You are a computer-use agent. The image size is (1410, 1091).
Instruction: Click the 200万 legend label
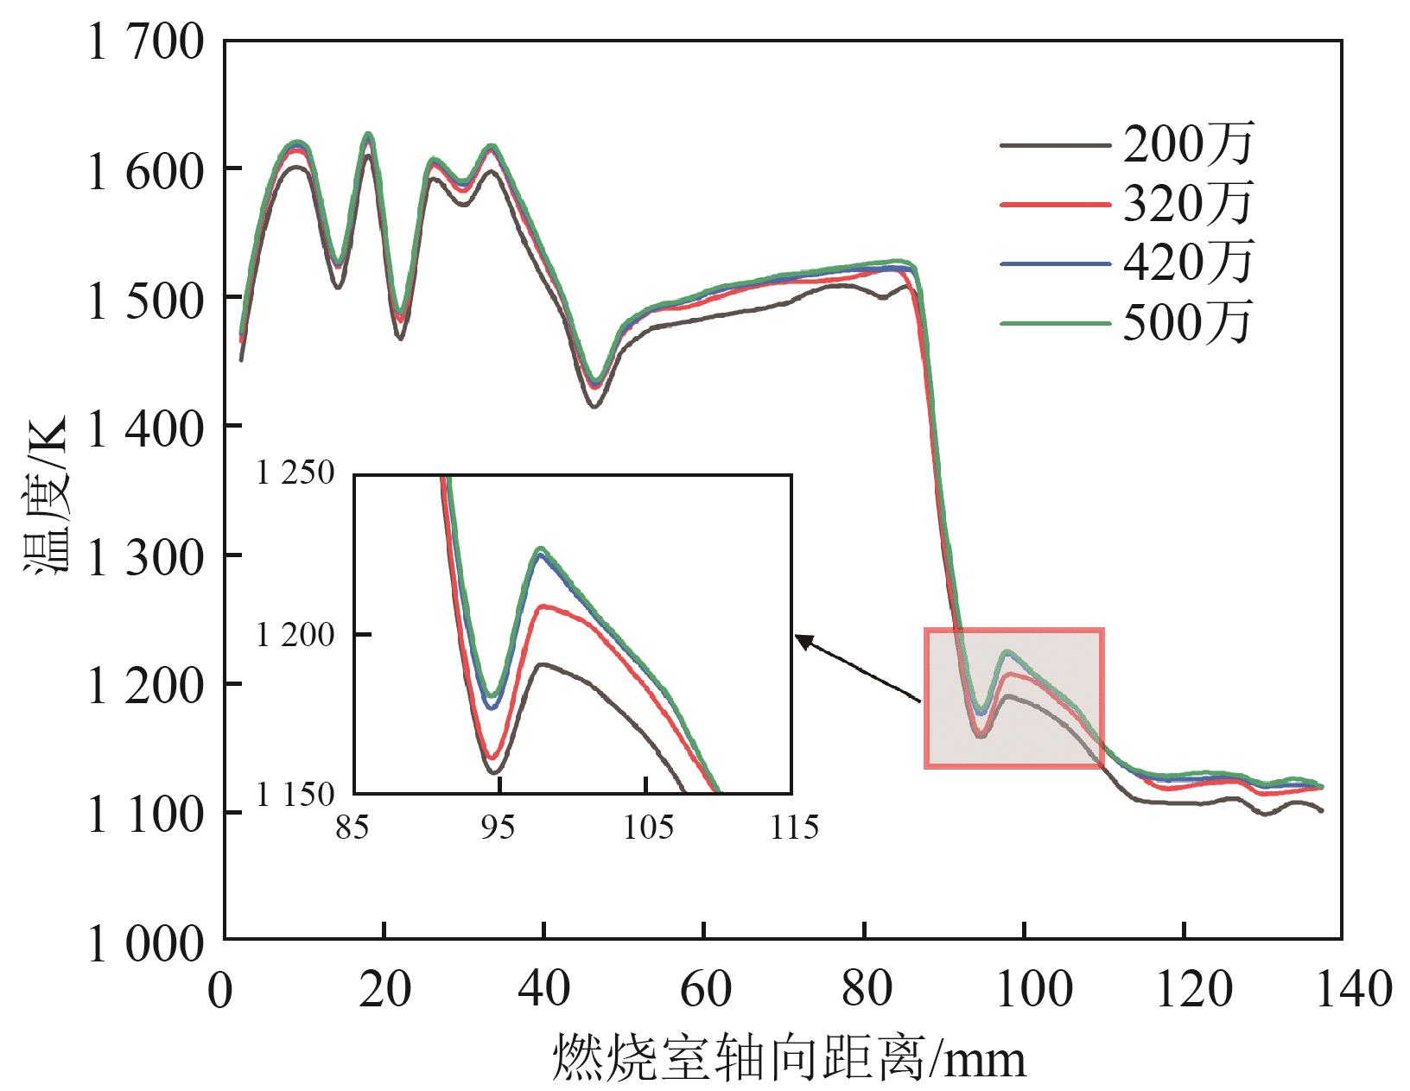1187,145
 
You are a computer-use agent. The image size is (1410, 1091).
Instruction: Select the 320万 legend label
1187,205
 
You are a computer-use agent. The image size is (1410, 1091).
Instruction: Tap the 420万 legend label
1187,263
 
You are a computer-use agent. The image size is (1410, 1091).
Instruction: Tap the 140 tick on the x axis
1341,989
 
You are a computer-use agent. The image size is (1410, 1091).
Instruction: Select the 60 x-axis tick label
705,989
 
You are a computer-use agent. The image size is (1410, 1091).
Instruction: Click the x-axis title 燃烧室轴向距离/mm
789,1057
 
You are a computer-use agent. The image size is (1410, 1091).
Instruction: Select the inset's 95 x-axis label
498,828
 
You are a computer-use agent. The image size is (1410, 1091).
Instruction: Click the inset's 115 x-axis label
791,828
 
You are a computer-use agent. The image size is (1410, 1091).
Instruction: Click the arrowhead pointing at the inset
803,639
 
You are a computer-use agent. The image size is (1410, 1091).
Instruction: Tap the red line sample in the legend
1054,205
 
